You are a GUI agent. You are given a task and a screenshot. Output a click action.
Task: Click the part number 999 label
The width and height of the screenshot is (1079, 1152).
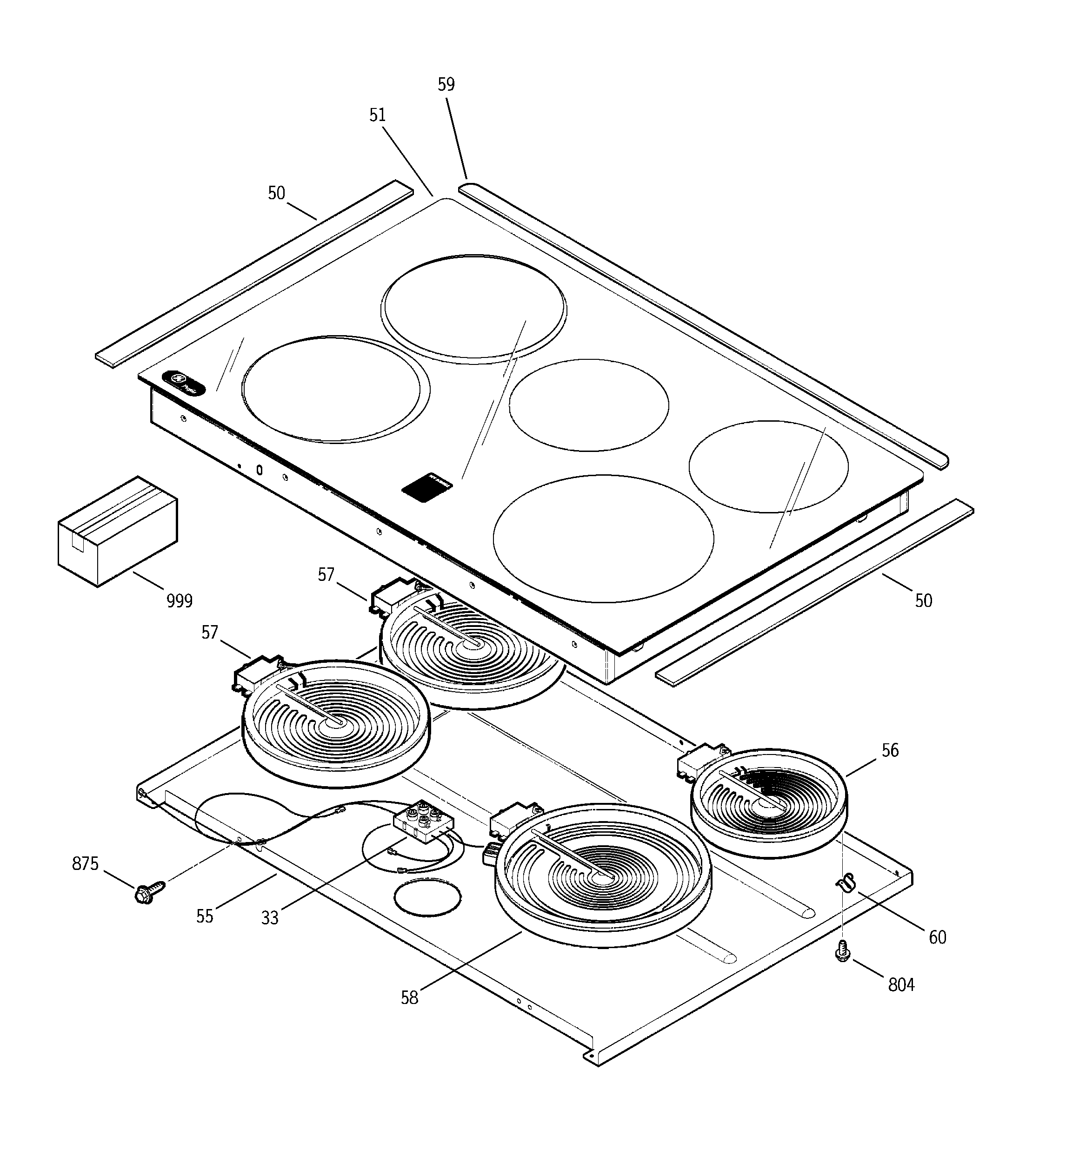coord(179,601)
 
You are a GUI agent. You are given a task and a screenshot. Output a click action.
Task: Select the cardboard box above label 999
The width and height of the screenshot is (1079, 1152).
coord(118,530)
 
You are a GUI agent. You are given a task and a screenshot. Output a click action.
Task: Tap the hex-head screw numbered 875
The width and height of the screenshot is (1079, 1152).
coord(148,892)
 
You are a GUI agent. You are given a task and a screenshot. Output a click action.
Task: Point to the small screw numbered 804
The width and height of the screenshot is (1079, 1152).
coord(843,951)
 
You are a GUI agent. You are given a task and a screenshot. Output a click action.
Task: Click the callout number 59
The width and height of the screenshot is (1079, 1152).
coord(446,85)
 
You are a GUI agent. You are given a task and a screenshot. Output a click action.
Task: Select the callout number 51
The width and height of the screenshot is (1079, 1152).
coord(377,115)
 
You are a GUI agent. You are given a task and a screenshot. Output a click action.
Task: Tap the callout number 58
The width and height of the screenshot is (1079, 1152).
coord(409,997)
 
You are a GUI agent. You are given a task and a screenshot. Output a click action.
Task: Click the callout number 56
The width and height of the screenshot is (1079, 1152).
coord(890,750)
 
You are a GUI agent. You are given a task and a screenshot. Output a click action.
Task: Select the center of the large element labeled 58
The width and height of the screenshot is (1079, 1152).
coord(602,878)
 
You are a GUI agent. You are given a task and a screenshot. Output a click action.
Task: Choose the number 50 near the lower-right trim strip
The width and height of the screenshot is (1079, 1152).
coord(923,600)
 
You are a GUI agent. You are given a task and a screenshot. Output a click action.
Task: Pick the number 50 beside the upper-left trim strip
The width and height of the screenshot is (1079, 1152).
coord(276,193)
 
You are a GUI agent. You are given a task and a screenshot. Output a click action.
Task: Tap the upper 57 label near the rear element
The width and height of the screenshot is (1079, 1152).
coord(326,574)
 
